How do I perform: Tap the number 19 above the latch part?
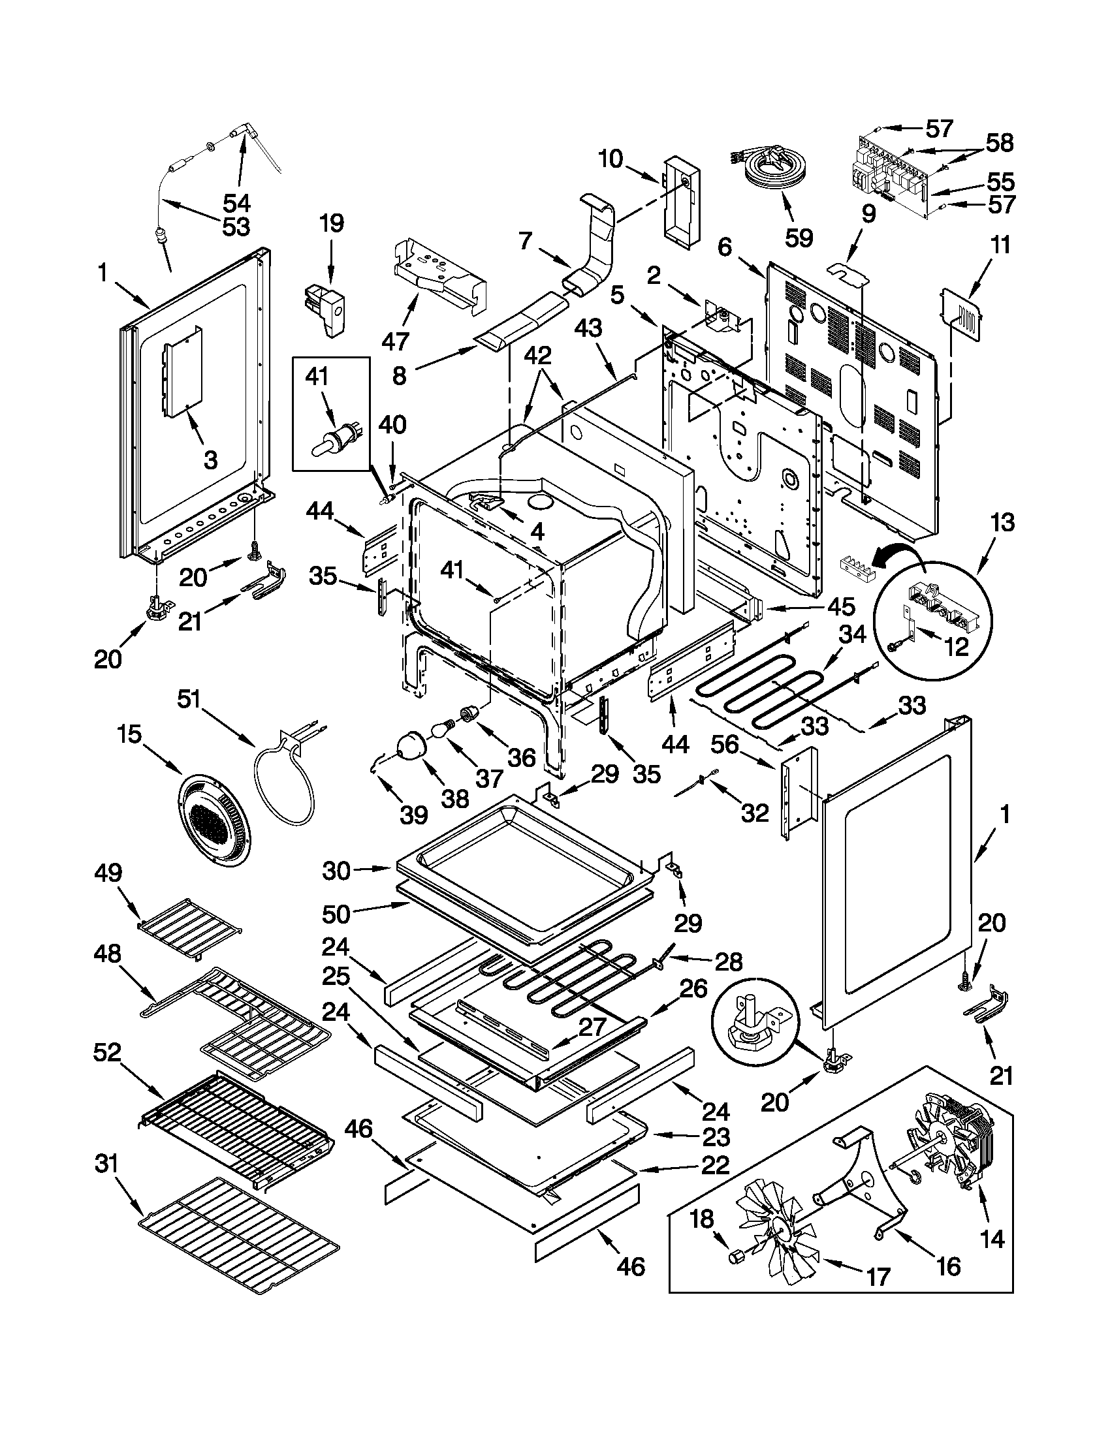(x=332, y=223)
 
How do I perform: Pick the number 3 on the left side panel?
(x=210, y=460)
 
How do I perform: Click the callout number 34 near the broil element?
(x=853, y=635)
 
